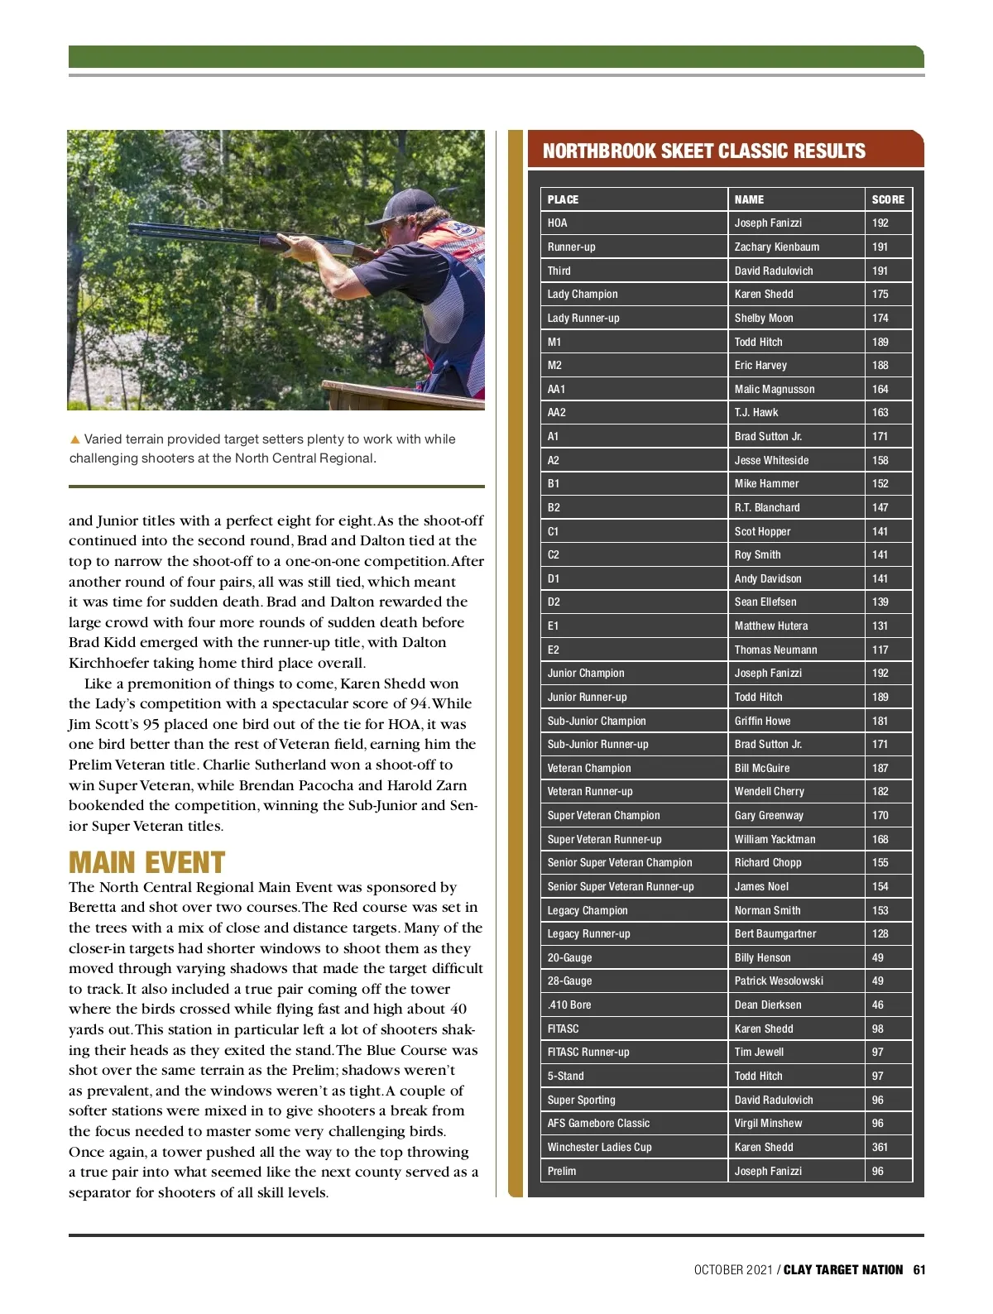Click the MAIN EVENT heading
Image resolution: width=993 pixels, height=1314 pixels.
click(146, 862)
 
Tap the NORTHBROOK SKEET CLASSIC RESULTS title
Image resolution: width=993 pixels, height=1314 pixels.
click(703, 151)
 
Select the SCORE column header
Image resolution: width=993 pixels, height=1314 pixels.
click(887, 199)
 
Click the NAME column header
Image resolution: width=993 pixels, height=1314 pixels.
click(749, 199)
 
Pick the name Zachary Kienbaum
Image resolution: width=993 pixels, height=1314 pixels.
click(776, 247)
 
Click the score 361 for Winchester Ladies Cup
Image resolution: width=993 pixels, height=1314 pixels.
click(880, 1147)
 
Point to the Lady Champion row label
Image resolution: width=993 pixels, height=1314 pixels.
click(582, 294)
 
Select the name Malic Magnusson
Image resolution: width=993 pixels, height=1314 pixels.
click(774, 389)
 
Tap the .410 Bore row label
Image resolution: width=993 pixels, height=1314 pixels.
click(568, 1005)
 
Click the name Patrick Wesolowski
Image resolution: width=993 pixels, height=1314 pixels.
click(778, 981)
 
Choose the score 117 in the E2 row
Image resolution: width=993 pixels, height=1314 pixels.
click(880, 650)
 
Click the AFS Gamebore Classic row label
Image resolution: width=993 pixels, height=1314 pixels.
click(597, 1123)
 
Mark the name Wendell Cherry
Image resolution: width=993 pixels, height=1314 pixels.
click(769, 791)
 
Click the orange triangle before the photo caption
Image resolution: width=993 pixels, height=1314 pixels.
click(74, 439)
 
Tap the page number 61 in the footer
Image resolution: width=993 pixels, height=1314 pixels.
click(919, 1269)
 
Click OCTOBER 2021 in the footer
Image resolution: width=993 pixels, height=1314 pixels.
click(732, 1269)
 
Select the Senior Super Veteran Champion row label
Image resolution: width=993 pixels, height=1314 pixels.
click(619, 862)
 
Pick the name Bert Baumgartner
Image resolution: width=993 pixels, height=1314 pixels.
click(775, 933)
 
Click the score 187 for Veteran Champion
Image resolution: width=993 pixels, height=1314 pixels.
click(880, 768)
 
